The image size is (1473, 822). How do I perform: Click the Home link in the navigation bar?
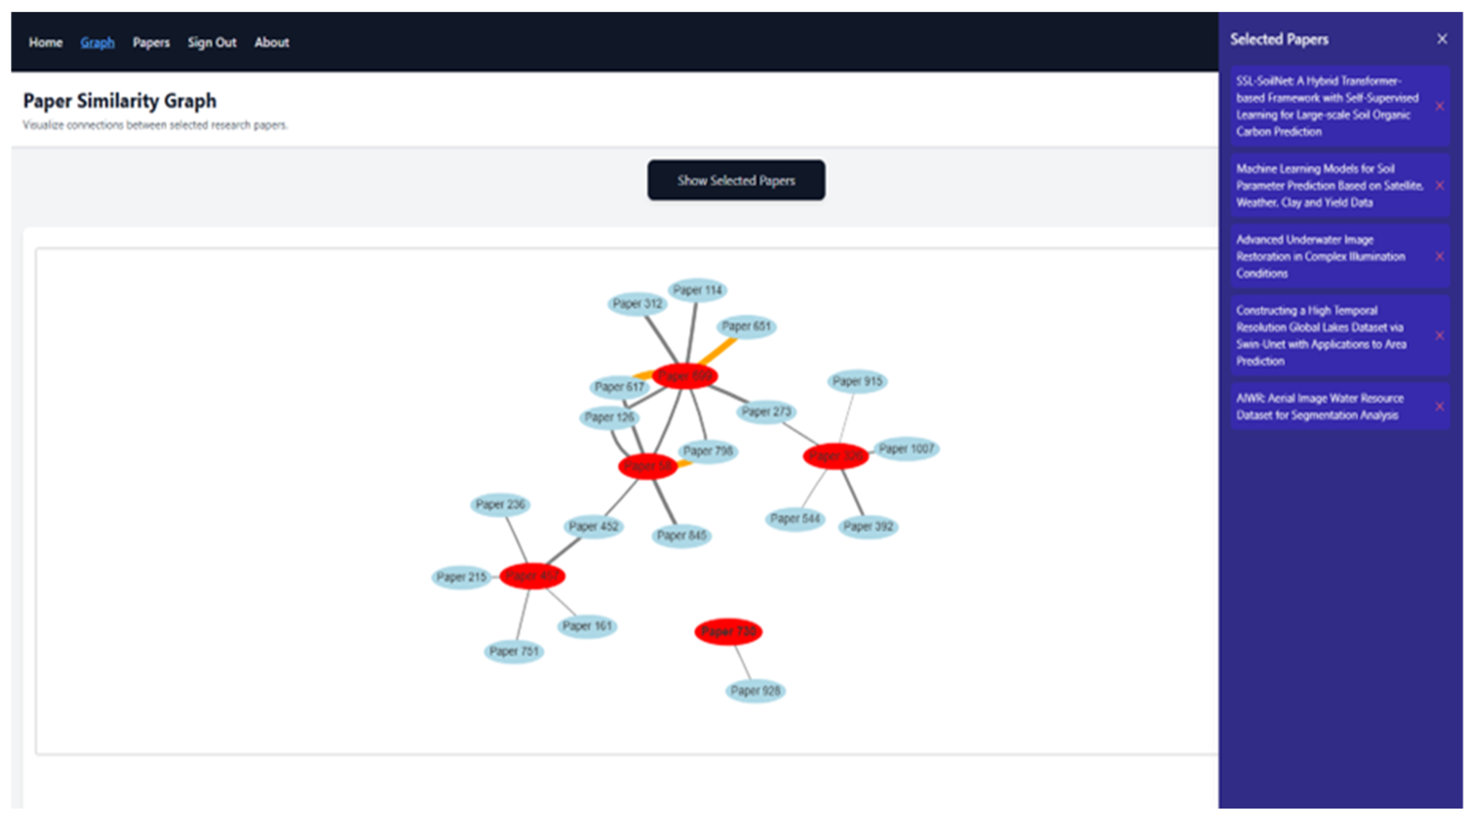(x=46, y=42)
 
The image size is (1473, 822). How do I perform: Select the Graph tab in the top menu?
(x=97, y=42)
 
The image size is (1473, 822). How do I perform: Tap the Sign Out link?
(x=212, y=42)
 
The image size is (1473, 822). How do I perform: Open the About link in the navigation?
(x=272, y=42)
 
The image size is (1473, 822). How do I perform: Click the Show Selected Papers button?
(x=736, y=180)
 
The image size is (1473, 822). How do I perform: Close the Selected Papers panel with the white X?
(x=1442, y=39)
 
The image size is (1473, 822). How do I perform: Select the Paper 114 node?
(x=697, y=290)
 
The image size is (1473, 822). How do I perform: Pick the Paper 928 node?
(x=755, y=691)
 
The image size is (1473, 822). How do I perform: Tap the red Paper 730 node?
(x=728, y=632)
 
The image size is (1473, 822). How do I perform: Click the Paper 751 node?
(x=513, y=651)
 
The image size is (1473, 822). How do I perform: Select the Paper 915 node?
(x=857, y=381)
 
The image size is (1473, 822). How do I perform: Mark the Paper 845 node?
(x=682, y=536)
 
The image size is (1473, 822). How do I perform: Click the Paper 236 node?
(x=500, y=505)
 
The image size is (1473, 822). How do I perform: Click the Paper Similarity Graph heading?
(x=120, y=101)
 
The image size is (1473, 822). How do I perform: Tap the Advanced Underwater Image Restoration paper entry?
(x=1321, y=256)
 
